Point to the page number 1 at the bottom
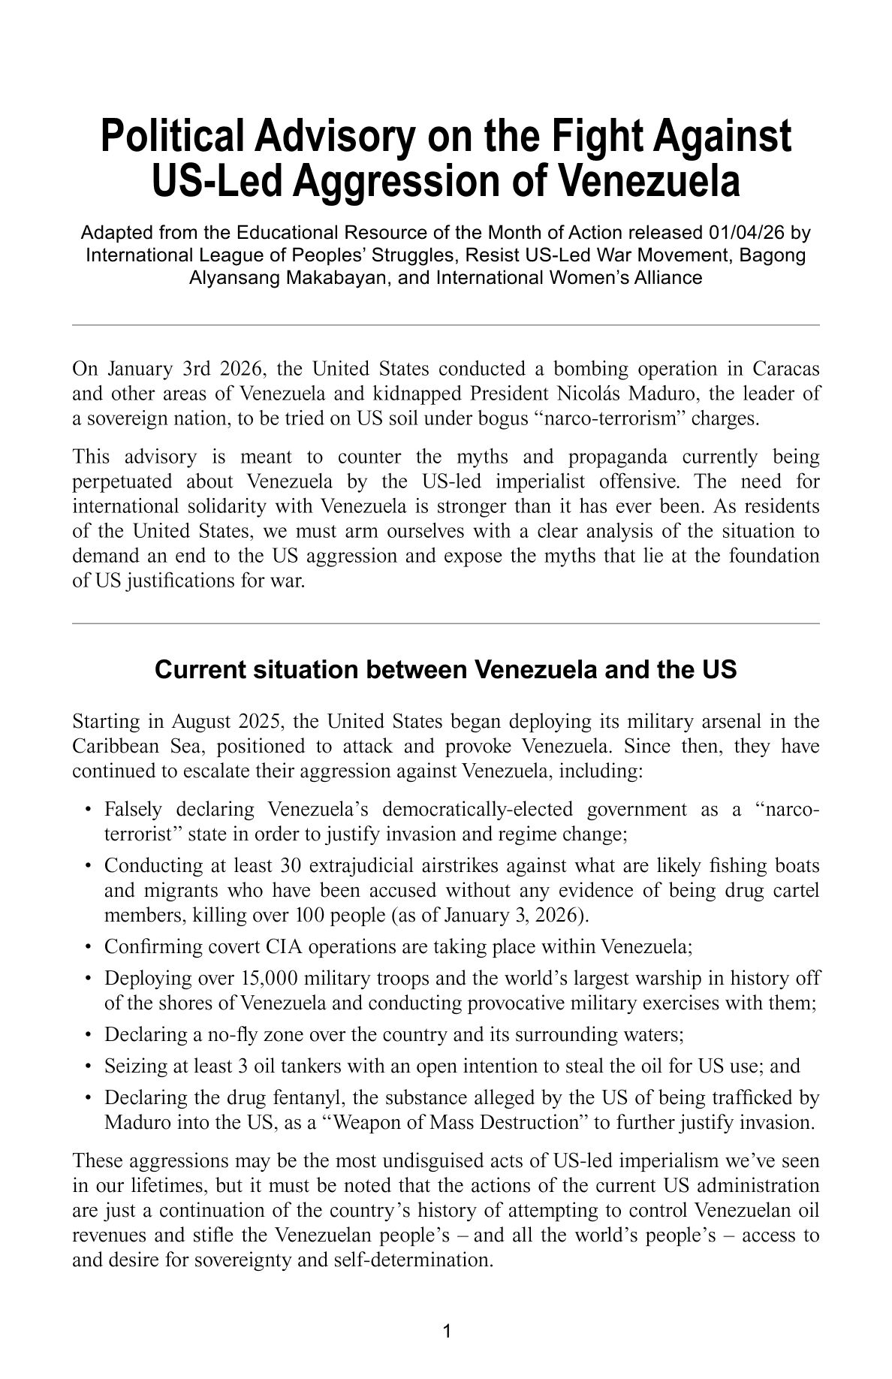(x=446, y=1332)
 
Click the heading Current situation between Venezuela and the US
(x=446, y=669)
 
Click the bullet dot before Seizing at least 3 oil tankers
(x=89, y=1067)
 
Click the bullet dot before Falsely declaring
(x=89, y=810)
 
